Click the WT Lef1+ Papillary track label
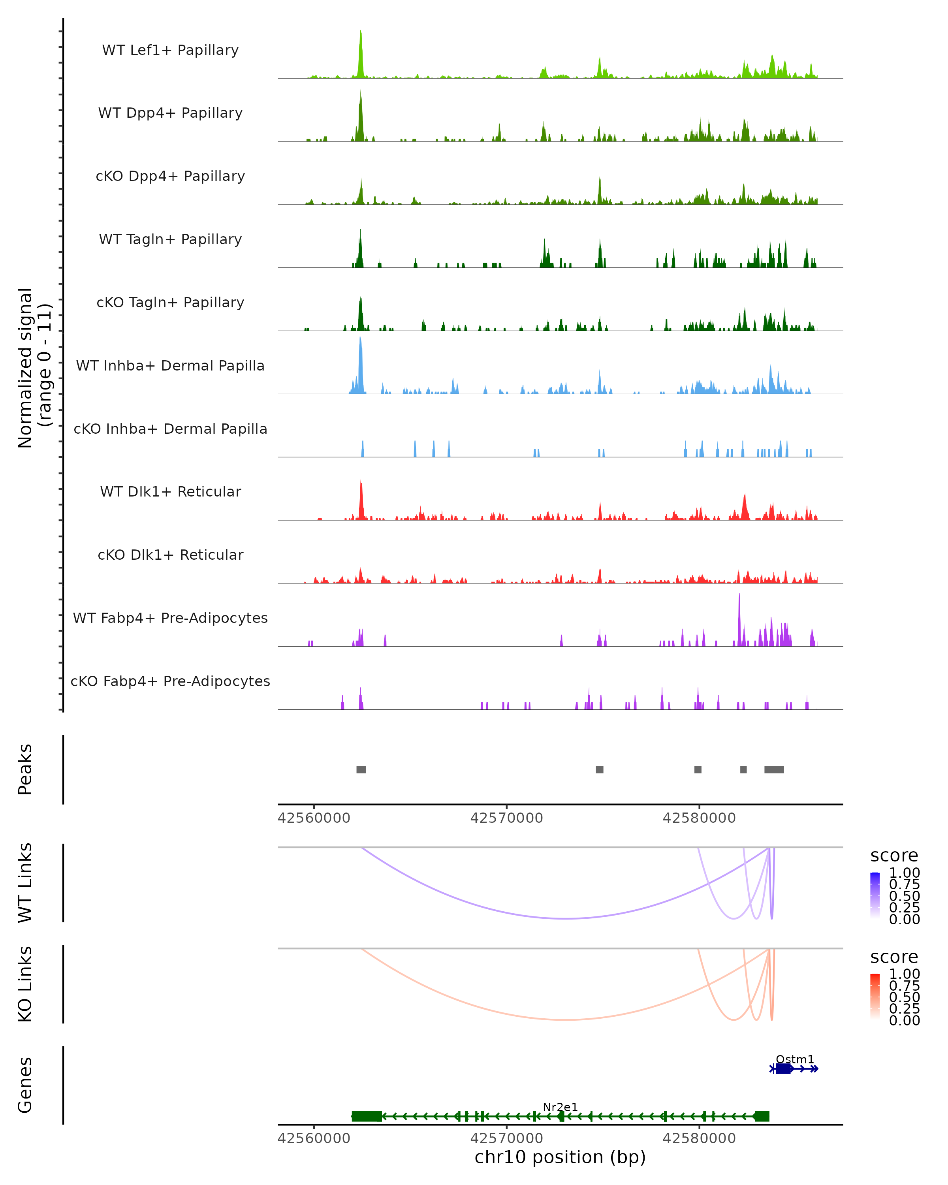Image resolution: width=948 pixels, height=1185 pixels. [170, 50]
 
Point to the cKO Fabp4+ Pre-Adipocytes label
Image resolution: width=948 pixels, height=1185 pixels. [170, 681]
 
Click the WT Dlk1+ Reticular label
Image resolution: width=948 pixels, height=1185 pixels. [170, 491]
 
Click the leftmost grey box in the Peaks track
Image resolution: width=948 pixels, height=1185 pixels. [361, 769]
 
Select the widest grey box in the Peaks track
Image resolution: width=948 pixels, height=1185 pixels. [774, 769]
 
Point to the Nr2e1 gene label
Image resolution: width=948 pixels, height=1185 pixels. [560, 1107]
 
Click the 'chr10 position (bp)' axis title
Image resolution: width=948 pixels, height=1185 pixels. [560, 1157]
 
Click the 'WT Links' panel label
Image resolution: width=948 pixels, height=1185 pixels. [25, 883]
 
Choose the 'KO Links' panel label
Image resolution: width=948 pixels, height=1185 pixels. [25, 984]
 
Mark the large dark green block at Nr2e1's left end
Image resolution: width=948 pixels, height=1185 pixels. [367, 1116]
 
